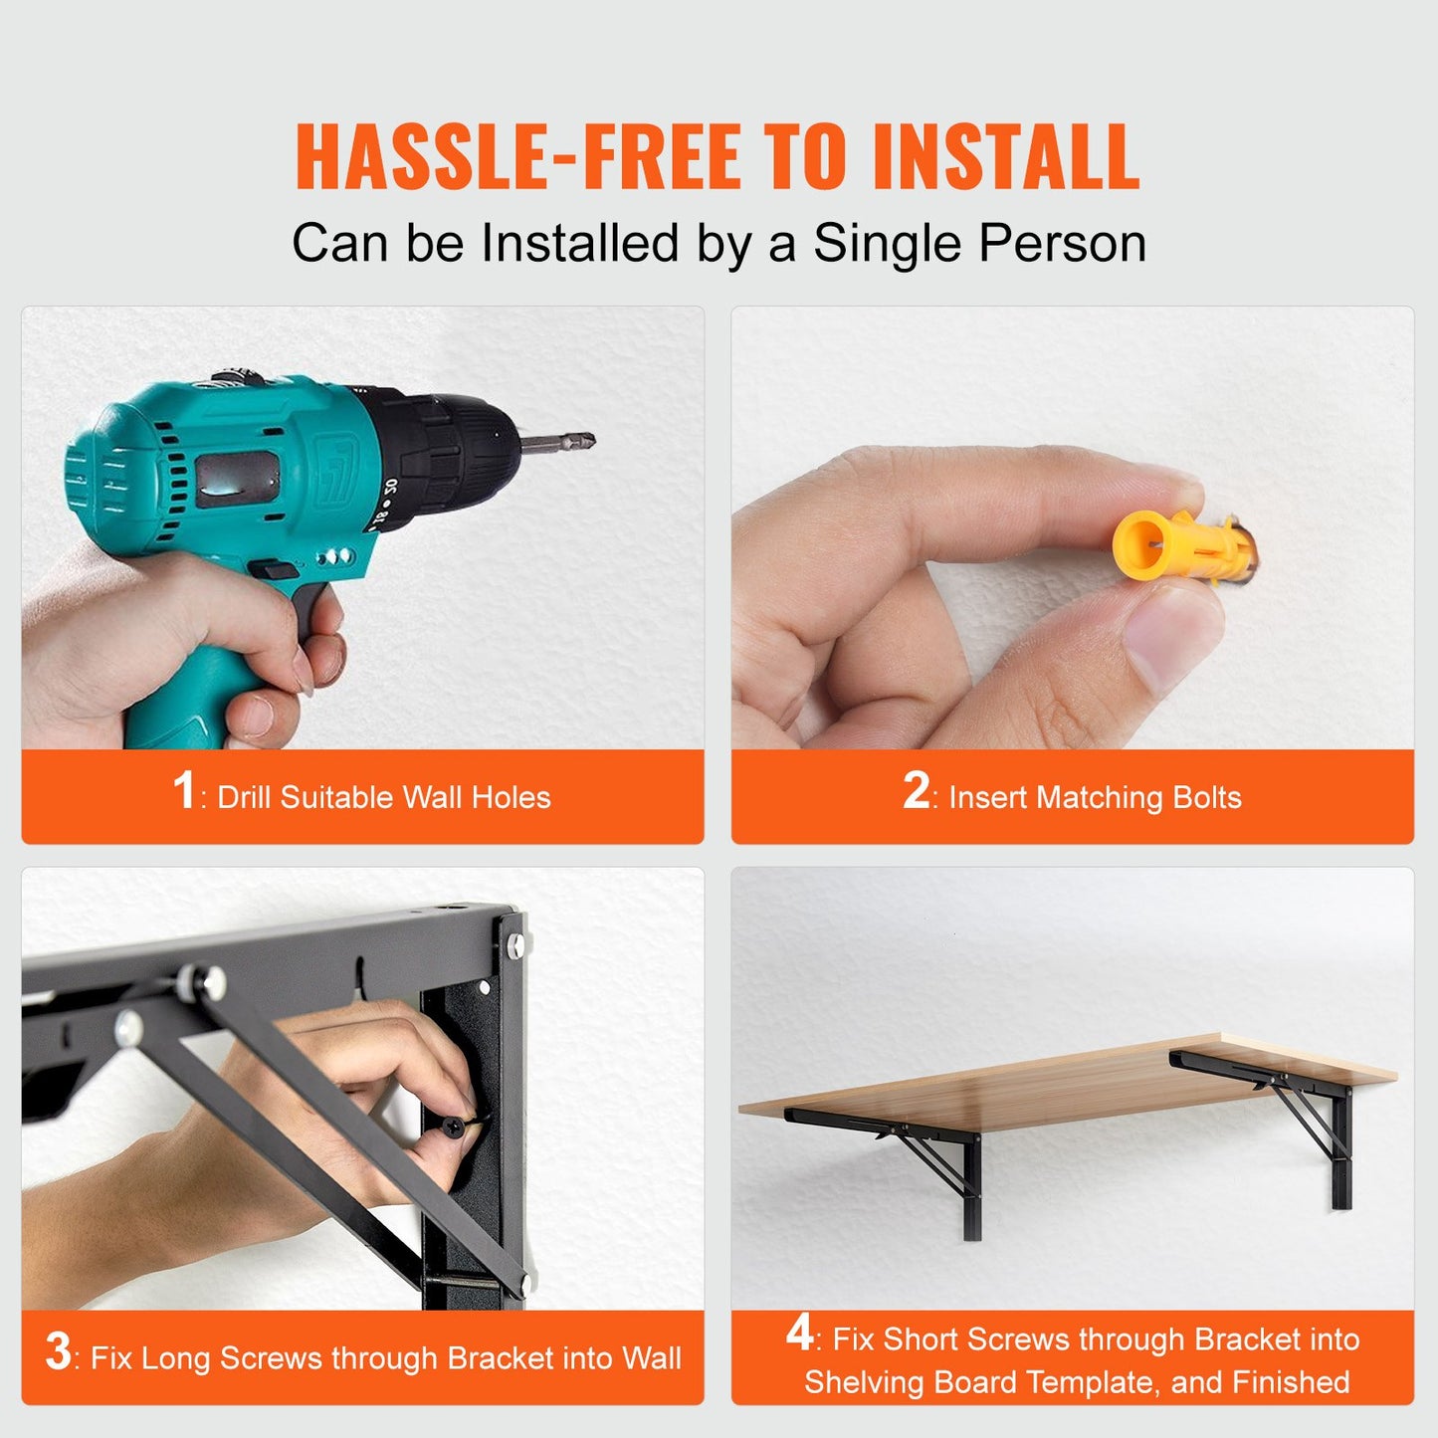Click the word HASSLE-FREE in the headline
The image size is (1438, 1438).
tap(517, 156)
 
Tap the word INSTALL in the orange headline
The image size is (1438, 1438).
tap(1005, 156)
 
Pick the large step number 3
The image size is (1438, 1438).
tap(58, 1352)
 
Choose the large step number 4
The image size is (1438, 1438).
tap(799, 1334)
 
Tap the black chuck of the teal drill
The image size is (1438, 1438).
tap(448, 448)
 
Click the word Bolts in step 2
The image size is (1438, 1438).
tap(1207, 797)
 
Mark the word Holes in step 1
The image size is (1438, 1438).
tap(511, 797)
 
